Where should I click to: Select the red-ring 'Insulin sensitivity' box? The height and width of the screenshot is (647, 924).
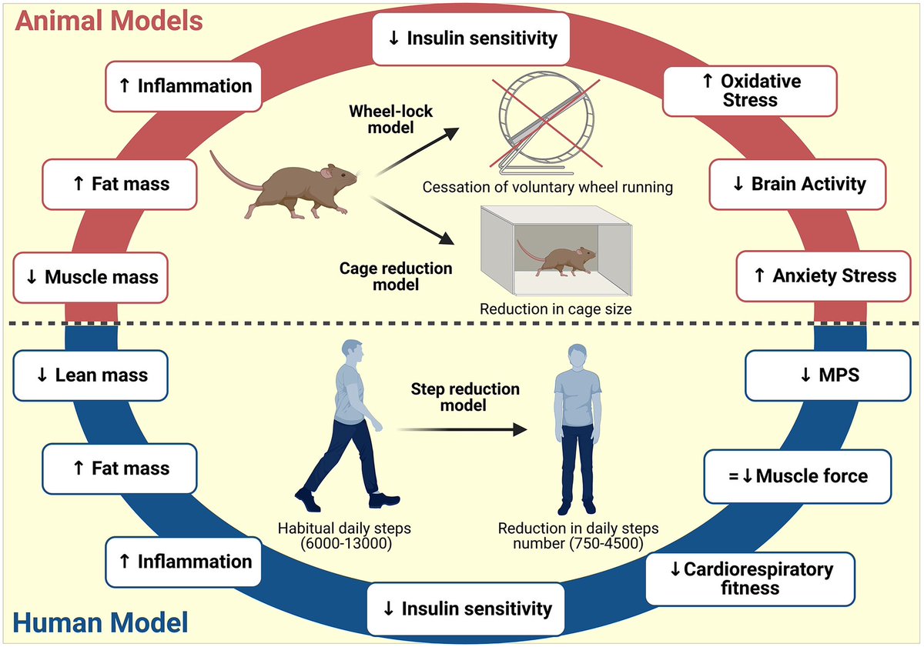pyautogui.click(x=471, y=38)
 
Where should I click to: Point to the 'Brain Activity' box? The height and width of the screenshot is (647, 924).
pyautogui.click(x=798, y=185)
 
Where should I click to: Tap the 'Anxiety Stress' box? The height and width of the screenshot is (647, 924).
pyautogui.click(x=824, y=275)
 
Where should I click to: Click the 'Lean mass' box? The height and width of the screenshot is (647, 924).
pyautogui.click(x=91, y=375)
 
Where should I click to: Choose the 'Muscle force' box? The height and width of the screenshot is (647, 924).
pyautogui.click(x=798, y=476)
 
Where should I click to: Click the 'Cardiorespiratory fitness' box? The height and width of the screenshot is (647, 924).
pyautogui.click(x=751, y=579)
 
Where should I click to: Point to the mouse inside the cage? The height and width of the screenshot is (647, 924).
pyautogui.click(x=560, y=261)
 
